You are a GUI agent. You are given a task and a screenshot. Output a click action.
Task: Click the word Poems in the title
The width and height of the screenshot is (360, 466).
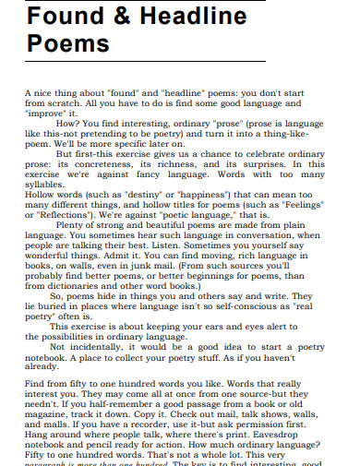pyautogui.click(x=68, y=44)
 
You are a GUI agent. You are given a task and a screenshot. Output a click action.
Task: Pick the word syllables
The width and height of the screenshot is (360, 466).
pyautogui.click(x=47, y=187)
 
